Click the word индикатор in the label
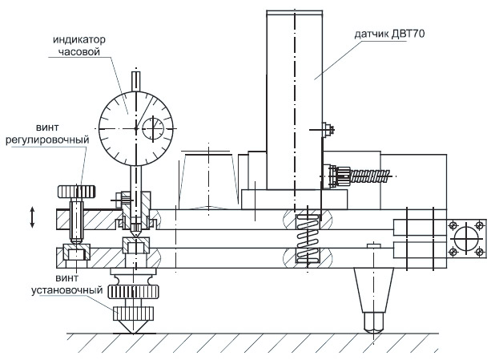[79, 40]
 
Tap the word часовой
[79, 51]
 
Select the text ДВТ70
[408, 34]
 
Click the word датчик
[371, 34]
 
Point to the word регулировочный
[47, 140]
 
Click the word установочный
[66, 290]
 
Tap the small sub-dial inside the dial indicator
[153, 129]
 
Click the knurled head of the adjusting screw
[77, 192]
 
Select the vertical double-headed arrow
[32, 216]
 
